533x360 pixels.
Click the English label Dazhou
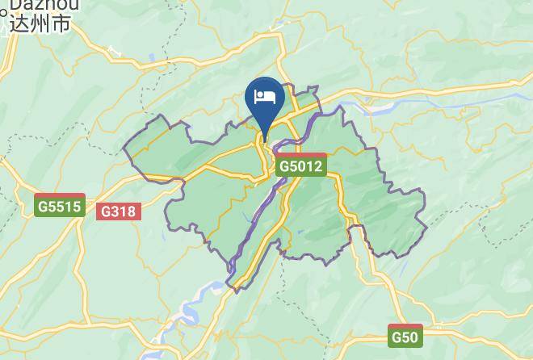point(37,4)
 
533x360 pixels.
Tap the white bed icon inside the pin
point(265,98)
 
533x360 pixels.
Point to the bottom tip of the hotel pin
point(265,129)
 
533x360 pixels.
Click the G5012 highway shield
point(300,166)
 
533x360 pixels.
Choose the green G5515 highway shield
point(60,206)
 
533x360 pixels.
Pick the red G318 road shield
point(119,211)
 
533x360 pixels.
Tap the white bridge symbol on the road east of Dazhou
point(114,54)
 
